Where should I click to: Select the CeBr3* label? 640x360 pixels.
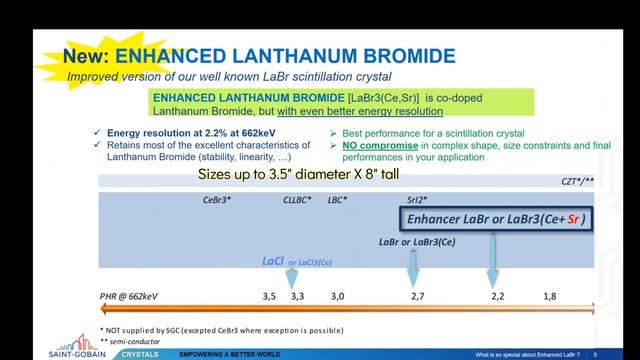click(x=217, y=200)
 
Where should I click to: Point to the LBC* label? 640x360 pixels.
click(x=338, y=200)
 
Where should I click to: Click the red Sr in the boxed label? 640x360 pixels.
click(x=573, y=219)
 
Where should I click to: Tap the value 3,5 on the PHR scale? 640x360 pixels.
click(x=269, y=297)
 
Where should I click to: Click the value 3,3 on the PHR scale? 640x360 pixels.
click(x=297, y=297)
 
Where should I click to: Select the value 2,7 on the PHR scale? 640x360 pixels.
click(x=417, y=297)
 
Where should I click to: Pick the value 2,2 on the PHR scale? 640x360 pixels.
click(x=497, y=297)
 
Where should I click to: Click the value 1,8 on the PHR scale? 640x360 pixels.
click(x=550, y=297)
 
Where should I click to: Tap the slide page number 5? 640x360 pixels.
click(x=595, y=354)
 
